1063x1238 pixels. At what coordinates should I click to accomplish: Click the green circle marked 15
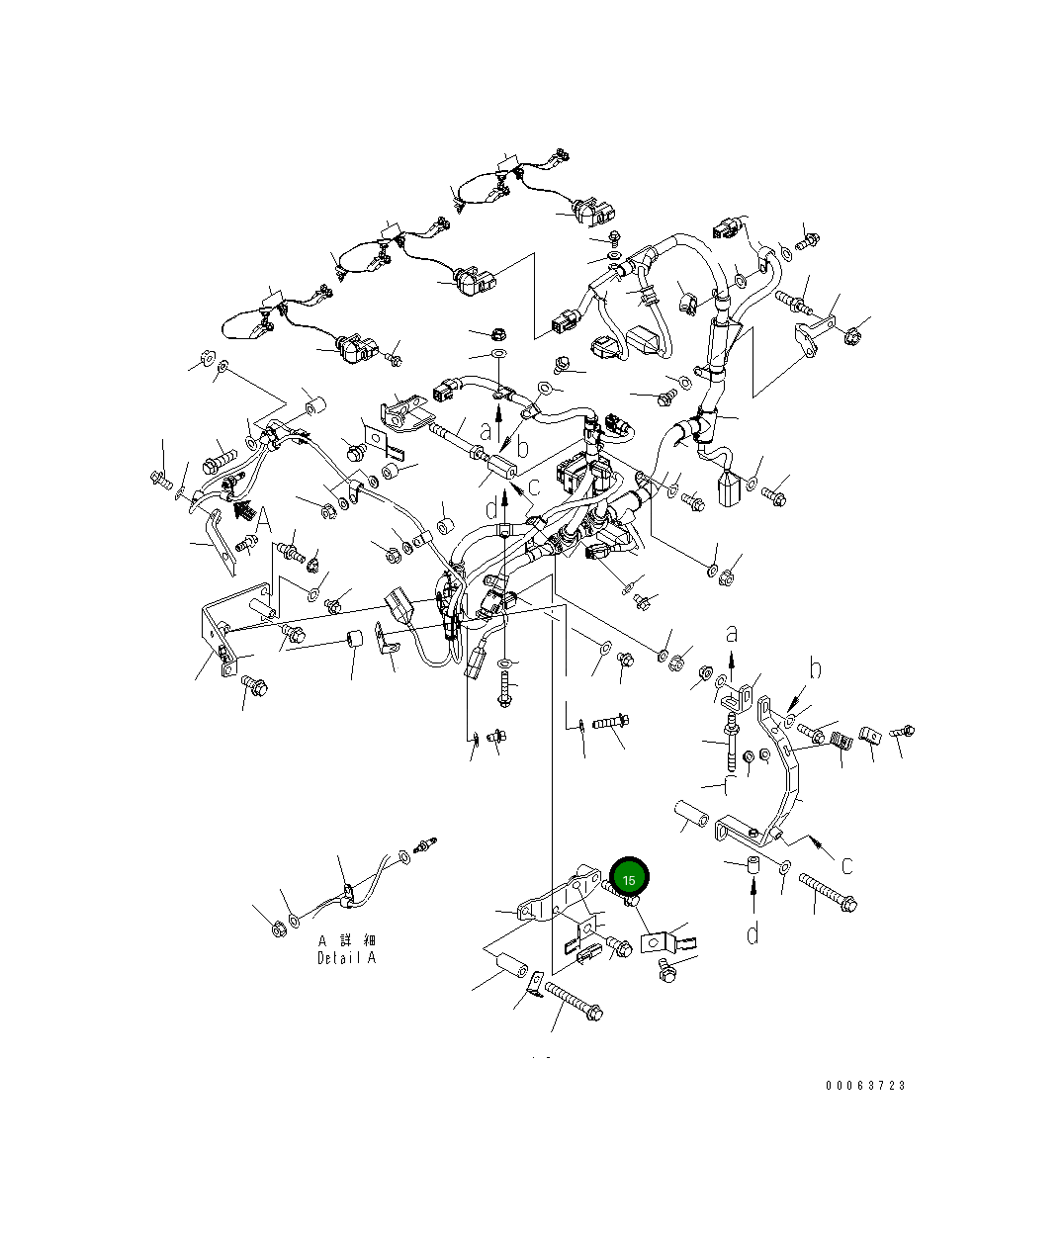click(x=629, y=878)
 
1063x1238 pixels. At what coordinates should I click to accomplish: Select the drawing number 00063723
click(x=865, y=1085)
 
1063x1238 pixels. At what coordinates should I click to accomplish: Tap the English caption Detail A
click(x=346, y=958)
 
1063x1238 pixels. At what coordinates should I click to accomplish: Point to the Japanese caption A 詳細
click(x=347, y=940)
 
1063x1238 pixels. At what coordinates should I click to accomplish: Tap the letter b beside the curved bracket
click(x=815, y=670)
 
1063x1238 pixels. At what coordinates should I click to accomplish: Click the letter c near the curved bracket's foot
click(x=846, y=865)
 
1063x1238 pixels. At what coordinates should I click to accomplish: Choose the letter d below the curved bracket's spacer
click(x=753, y=932)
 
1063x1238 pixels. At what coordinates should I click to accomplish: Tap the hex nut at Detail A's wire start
click(x=279, y=928)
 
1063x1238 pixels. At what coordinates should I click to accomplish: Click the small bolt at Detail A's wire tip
click(x=427, y=847)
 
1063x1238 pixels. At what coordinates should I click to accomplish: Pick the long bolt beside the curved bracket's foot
click(x=826, y=891)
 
